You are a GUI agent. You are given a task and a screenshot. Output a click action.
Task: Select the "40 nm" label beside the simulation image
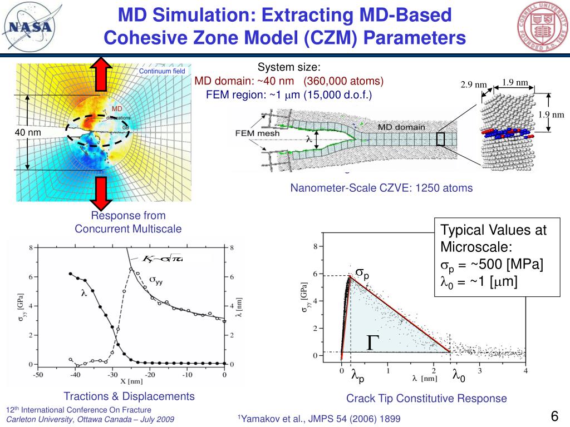click(x=27, y=132)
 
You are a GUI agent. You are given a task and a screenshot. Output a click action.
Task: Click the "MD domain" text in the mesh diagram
click(x=401, y=127)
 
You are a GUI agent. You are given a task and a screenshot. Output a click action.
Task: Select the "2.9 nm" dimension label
click(x=473, y=85)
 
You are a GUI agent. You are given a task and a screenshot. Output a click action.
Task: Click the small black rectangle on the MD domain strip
click(x=440, y=140)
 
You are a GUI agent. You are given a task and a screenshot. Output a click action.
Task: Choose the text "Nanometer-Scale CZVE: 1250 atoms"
click(x=381, y=188)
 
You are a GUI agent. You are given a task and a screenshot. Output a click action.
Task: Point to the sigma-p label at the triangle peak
click(x=362, y=274)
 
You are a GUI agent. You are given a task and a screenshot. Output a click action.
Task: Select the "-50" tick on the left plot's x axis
click(x=36, y=375)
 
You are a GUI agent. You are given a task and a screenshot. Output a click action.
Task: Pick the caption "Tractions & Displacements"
click(x=129, y=396)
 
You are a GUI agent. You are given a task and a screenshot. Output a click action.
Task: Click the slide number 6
click(x=554, y=416)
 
